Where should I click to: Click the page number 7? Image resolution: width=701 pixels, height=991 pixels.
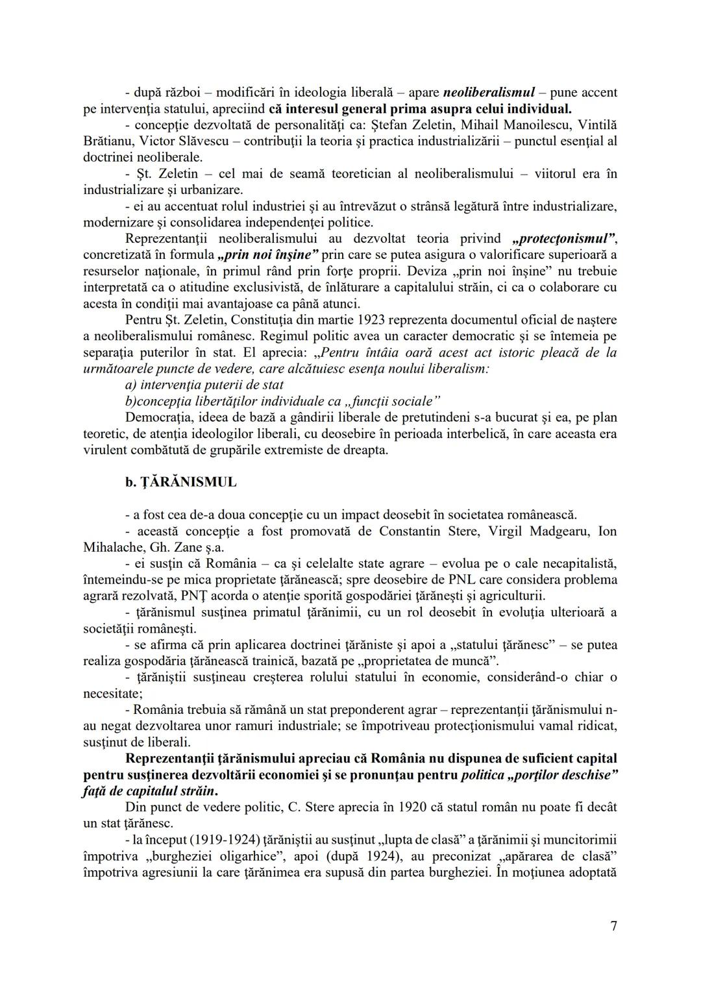[x=613, y=925]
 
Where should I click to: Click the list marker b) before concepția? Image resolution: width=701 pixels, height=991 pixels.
[x=130, y=401]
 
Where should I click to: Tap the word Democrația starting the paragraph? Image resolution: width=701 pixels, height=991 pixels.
[x=161, y=417]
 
